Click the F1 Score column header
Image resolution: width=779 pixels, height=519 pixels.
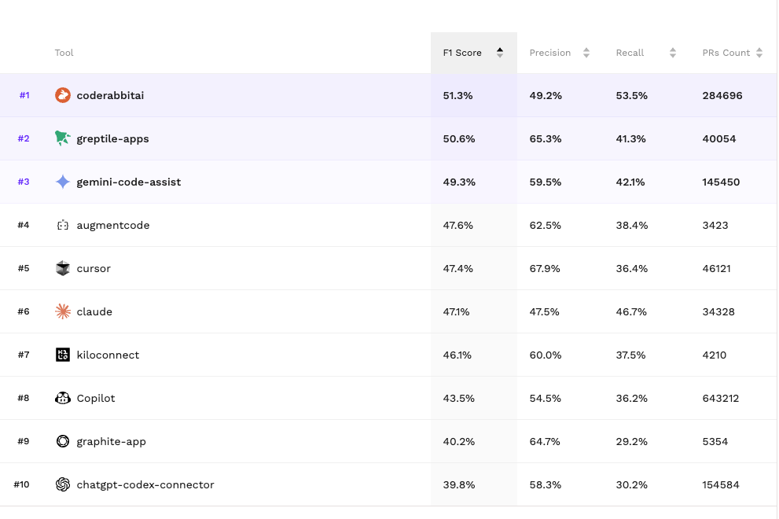click(462, 53)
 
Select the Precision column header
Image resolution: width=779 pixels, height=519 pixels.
click(550, 53)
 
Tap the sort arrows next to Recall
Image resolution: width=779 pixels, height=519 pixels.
click(673, 53)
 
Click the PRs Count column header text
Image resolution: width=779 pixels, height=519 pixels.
click(726, 53)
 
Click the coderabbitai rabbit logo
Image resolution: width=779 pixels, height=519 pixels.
click(63, 95)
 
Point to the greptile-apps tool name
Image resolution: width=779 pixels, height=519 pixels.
click(112, 138)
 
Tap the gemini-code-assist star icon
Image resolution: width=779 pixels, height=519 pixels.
click(63, 182)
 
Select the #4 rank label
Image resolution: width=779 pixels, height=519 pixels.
click(24, 225)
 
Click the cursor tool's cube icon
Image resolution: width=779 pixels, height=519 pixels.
click(63, 268)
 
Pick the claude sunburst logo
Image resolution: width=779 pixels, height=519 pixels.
click(63, 311)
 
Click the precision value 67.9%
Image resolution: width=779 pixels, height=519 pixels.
click(545, 268)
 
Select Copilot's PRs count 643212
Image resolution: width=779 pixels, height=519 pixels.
click(721, 398)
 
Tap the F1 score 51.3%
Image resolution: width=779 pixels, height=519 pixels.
click(458, 95)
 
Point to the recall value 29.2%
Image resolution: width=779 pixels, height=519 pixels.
click(631, 441)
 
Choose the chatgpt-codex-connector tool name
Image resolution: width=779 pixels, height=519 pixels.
click(145, 484)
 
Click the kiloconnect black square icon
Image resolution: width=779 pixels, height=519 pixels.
click(63, 355)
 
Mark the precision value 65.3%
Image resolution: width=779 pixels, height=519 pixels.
click(545, 138)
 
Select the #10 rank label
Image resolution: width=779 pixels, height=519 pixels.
click(22, 484)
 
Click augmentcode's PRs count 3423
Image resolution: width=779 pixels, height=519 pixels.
click(715, 225)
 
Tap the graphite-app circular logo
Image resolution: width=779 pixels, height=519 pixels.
click(63, 441)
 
